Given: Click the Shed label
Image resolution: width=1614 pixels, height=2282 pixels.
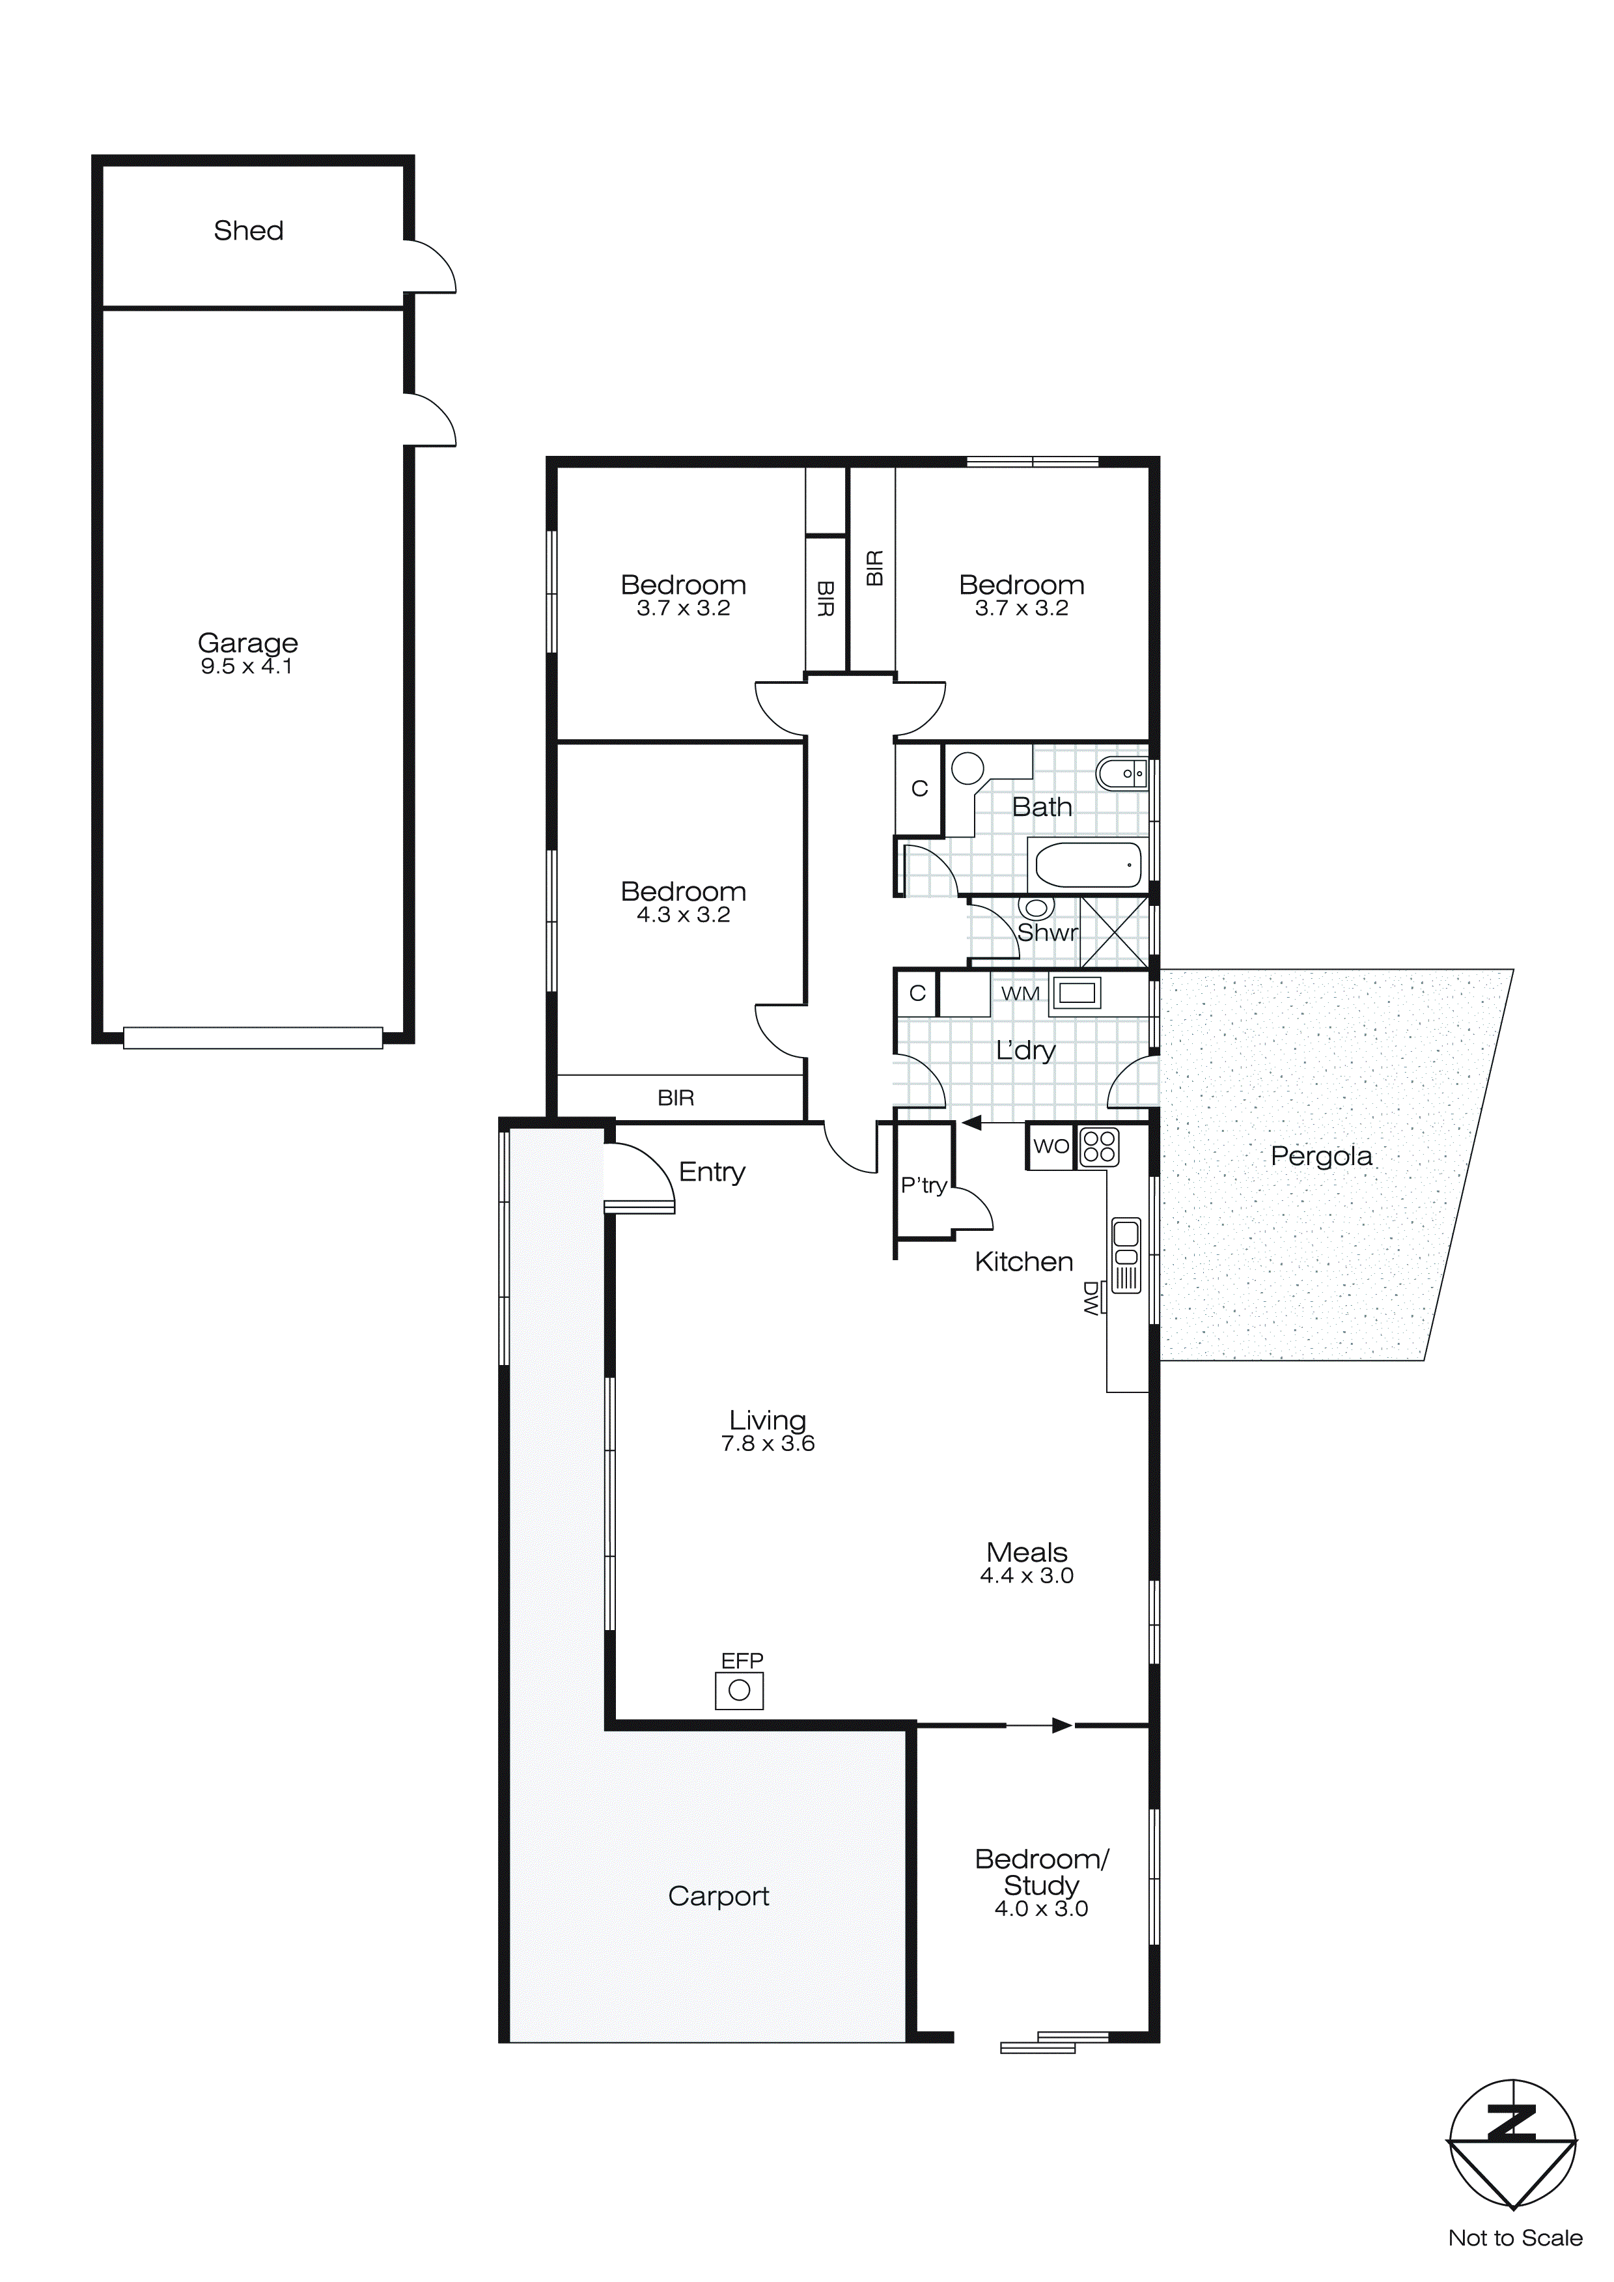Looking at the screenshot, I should click(x=249, y=231).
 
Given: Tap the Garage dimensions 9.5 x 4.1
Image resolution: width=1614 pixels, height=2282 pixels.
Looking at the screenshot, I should click(x=247, y=667).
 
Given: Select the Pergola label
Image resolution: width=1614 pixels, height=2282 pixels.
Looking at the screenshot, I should click(x=1321, y=1156).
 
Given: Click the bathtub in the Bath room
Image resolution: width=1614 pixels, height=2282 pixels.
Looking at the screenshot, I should click(x=1088, y=865).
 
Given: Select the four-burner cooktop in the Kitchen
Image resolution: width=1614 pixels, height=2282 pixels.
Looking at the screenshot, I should click(x=1099, y=1146).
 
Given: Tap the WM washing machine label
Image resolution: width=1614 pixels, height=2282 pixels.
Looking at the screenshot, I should click(x=1020, y=993).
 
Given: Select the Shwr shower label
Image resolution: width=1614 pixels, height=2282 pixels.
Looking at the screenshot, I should click(x=1046, y=933).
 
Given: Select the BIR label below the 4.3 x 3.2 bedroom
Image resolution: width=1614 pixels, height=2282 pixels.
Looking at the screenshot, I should click(x=676, y=1097).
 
